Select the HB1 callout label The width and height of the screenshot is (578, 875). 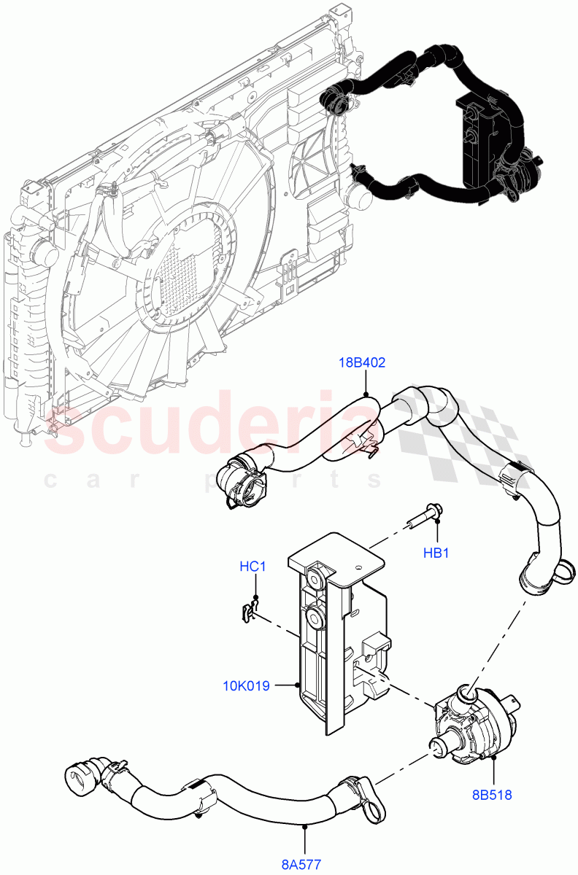[x=436, y=553]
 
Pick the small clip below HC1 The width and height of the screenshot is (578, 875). [x=250, y=611]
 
